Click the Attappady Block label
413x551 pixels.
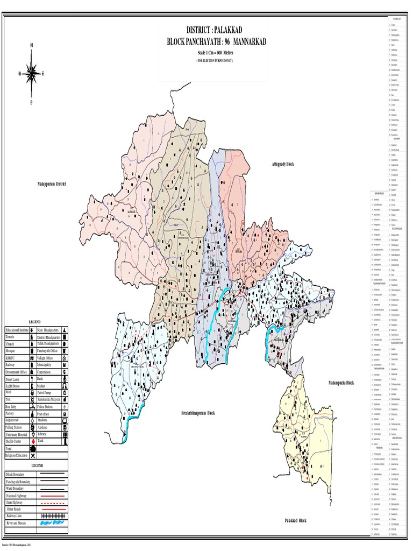pyautogui.click(x=283, y=163)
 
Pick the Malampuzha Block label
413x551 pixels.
pyautogui.click(x=341, y=382)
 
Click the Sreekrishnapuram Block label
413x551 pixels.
pyautogui.click(x=197, y=413)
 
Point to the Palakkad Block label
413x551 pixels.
pyautogui.click(x=295, y=520)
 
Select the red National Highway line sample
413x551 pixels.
pyautogui.click(x=52, y=495)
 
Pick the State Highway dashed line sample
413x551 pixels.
pyautogui.click(x=52, y=502)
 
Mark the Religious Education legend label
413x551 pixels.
pyautogui.click(x=18, y=455)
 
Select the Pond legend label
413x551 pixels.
pyautogui.click(x=9, y=448)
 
